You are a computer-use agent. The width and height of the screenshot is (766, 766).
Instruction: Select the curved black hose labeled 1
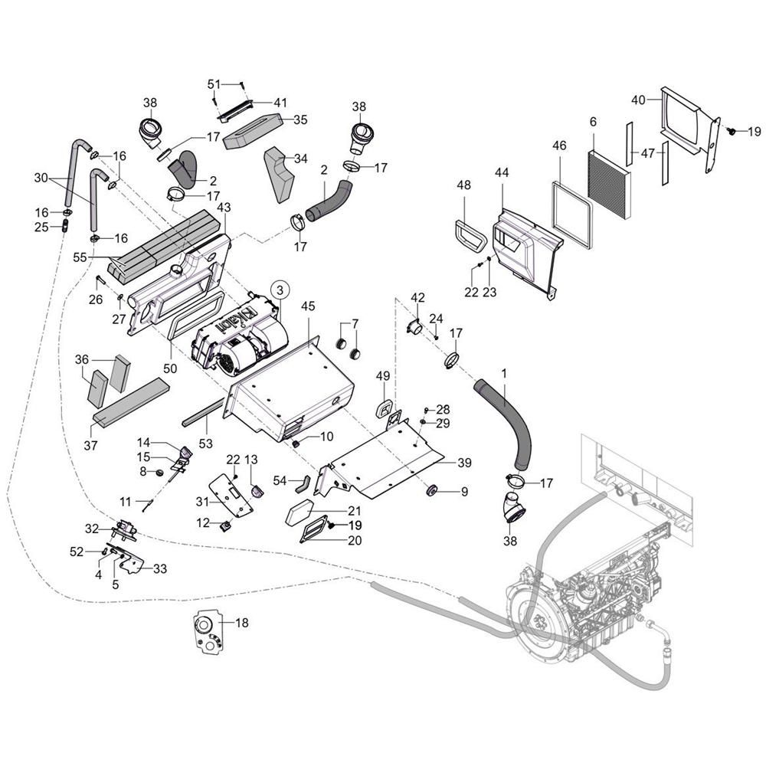tap(509, 417)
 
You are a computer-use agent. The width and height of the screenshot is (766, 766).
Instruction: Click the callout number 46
tap(559, 146)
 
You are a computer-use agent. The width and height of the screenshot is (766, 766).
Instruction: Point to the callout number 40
tap(638, 99)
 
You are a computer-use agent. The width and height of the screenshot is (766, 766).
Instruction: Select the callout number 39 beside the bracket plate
tap(464, 463)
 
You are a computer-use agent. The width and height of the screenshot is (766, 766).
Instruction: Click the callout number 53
tap(205, 444)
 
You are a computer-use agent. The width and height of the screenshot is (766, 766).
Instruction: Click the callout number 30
tap(41, 178)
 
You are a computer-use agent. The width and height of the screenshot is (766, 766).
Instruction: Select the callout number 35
tap(300, 119)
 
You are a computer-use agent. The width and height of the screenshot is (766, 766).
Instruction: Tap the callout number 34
tap(300, 159)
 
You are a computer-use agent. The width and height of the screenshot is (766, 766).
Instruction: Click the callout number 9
tap(464, 490)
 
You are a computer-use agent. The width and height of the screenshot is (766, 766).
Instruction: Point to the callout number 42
tap(417, 297)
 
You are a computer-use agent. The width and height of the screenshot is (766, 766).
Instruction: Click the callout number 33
tap(160, 569)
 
